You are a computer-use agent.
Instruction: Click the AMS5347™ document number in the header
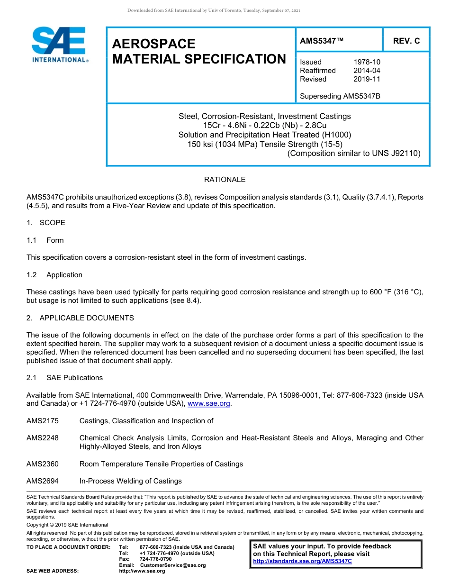pos(322,41)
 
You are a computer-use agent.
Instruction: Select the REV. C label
pos(406,41)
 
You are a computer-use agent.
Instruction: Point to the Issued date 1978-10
pos(367,62)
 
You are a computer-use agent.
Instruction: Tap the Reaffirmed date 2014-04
pos(367,71)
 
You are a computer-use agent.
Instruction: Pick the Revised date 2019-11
pos(367,79)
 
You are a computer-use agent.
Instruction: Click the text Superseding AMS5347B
pos(340,96)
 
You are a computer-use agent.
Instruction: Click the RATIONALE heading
pos(225,180)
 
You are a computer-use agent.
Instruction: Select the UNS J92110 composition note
pos(354,153)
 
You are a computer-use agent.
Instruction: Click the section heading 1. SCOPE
pos(46,223)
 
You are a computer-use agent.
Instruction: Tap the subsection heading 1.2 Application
pos(54,275)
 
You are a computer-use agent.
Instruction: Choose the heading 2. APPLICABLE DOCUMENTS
pos(80,318)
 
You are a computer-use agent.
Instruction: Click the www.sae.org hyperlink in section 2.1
pos(209,404)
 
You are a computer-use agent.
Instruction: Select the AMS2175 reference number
pos(43,421)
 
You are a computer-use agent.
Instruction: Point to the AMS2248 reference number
pos(43,438)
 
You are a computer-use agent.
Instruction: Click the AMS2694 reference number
pos(43,481)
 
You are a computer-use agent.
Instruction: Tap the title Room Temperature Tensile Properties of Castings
pos(161,464)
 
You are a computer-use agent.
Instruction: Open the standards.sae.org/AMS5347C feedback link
pos(302,561)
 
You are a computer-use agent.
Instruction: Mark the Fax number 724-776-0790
pos(156,559)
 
